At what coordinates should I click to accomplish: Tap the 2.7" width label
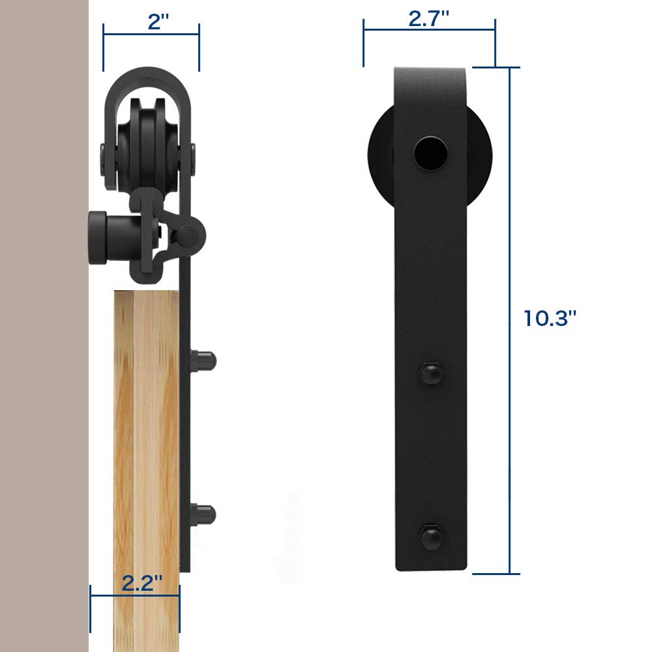point(429,19)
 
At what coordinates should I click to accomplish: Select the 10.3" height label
point(550,318)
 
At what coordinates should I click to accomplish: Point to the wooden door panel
point(146,456)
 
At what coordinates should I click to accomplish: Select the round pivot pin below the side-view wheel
point(189,232)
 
